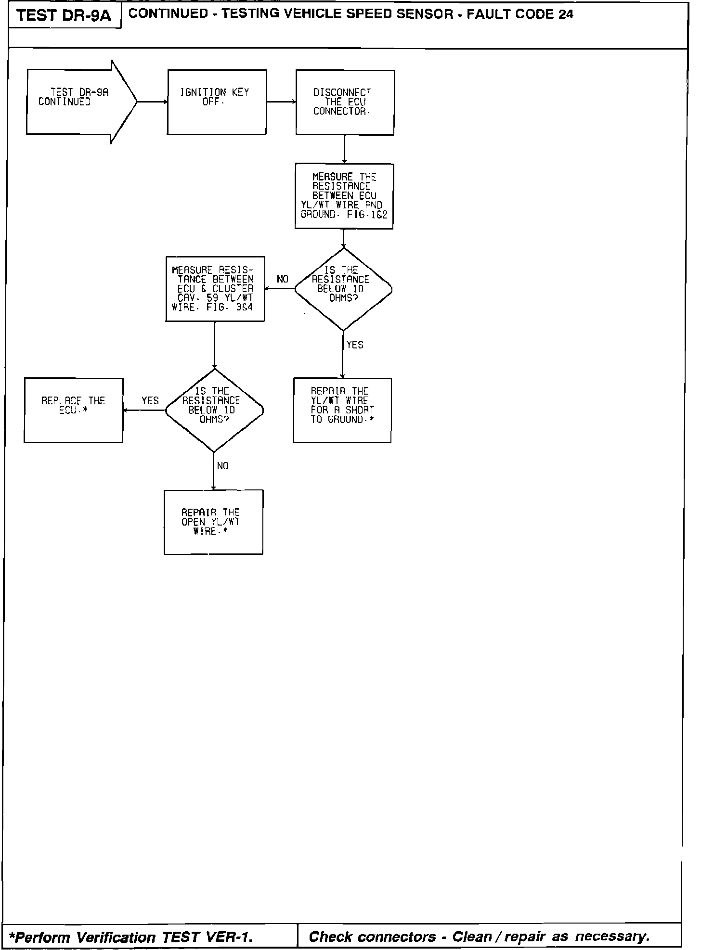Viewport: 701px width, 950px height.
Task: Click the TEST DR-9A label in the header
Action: coord(64,16)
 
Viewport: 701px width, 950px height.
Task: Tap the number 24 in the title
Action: coord(566,14)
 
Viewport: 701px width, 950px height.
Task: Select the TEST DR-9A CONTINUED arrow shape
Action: coord(77,102)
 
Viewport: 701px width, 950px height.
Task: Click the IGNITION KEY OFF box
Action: coord(217,102)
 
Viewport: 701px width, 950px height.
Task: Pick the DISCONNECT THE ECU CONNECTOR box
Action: coord(345,102)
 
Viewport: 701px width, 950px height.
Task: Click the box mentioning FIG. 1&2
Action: coord(344,196)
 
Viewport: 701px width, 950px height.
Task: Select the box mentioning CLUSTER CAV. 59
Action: coord(215,289)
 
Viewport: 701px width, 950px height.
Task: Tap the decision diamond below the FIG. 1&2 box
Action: coord(343,289)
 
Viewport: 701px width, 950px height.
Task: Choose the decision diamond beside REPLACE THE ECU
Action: coord(214,410)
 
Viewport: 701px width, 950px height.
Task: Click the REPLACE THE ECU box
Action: coord(73,410)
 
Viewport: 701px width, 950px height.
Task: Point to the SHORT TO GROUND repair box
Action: coord(342,410)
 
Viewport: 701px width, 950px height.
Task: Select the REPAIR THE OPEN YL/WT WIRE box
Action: coord(213,522)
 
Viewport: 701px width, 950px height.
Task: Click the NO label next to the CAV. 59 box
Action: coord(283,280)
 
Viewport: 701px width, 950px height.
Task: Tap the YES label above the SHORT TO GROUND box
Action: coord(355,345)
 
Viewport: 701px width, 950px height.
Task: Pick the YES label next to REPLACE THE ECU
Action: coord(150,401)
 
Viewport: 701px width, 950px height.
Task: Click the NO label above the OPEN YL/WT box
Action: coord(223,466)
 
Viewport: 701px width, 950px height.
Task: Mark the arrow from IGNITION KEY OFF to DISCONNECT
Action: coord(281,102)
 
